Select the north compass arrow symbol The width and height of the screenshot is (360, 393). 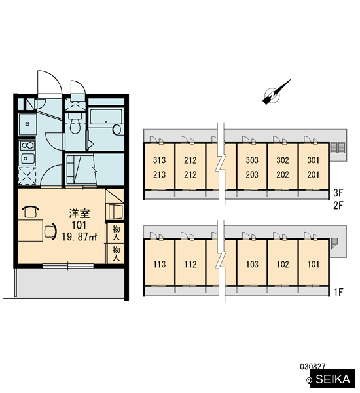[x=276, y=92]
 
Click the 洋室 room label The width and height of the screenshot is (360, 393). [x=79, y=214]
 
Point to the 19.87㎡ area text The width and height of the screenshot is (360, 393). [x=79, y=236]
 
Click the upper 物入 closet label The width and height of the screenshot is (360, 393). [x=116, y=233]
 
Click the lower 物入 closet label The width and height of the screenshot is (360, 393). [x=116, y=253]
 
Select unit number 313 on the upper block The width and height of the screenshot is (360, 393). [x=159, y=160]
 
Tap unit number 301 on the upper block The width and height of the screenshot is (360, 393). [x=314, y=160]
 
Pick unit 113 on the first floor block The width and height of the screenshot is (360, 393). [x=160, y=264]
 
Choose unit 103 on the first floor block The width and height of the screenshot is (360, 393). [x=252, y=264]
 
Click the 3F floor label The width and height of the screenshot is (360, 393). [x=338, y=193]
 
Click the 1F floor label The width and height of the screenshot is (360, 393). [x=338, y=292]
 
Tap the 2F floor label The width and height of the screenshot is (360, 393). [x=338, y=206]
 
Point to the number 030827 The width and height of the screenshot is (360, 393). [x=312, y=367]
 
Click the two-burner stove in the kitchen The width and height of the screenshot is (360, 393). [x=27, y=145]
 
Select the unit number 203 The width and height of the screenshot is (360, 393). [x=252, y=174]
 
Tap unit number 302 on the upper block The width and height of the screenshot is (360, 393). [x=283, y=160]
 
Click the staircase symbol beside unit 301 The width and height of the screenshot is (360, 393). [x=338, y=147]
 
